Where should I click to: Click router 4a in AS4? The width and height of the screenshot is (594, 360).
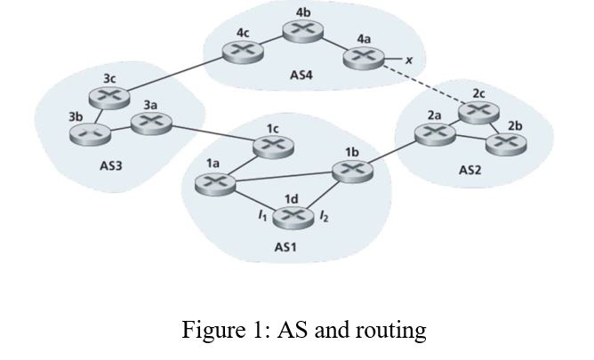[360, 59]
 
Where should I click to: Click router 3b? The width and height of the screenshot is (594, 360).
[87, 135]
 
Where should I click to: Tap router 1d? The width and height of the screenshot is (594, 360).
[292, 217]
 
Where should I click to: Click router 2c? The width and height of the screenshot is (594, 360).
[478, 110]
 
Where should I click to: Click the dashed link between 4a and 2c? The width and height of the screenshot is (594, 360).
[420, 84]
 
